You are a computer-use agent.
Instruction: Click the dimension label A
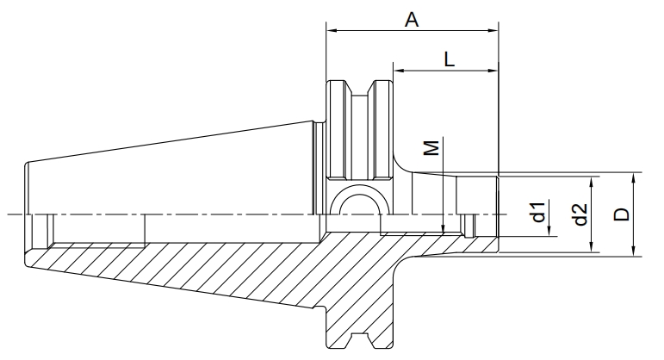point(412,20)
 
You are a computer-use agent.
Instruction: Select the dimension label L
point(450,59)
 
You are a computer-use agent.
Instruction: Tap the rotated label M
point(431,148)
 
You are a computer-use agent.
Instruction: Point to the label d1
point(538,213)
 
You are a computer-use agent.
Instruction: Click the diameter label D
point(622,214)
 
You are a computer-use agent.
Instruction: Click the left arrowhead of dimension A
point(332,30)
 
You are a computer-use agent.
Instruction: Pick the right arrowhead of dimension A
point(493,30)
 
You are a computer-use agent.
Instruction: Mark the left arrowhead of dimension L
point(399,71)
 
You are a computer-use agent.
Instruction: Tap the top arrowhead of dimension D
point(634,178)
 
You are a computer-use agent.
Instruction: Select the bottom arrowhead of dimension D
point(634,251)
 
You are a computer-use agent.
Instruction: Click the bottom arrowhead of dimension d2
point(592,247)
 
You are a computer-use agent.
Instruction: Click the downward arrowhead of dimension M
point(443,228)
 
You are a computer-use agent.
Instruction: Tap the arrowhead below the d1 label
point(549,231)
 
